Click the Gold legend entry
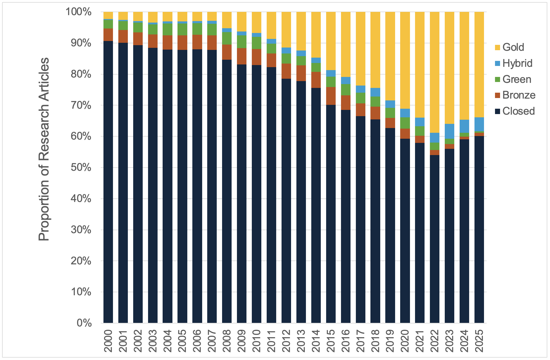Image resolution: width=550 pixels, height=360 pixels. pos(513,47)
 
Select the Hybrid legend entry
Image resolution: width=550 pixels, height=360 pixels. pos(517,63)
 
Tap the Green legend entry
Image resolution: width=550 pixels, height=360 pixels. pos(516,79)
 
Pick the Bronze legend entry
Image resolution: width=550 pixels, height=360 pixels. pos(518,95)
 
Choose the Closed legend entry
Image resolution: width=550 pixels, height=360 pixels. pos(518,111)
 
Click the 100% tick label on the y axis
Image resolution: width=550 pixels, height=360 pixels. pos(78,12)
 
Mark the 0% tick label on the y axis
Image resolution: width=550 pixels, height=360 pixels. pos(84,323)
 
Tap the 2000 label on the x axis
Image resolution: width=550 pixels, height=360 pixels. pos(108,341)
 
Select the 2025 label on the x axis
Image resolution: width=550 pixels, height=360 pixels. pos(479,341)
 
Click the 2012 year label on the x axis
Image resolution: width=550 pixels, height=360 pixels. pos(286,341)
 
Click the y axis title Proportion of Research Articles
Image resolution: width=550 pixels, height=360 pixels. pos(44,149)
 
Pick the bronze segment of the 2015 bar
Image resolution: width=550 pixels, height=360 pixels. pos(331,96)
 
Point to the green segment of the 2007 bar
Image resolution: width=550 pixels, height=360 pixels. pos(212,29)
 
